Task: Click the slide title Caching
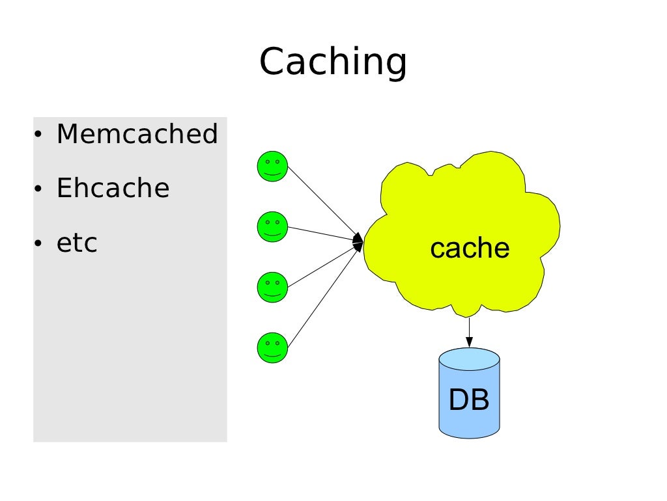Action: point(333,62)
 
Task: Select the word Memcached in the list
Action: point(137,134)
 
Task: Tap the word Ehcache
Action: point(113,188)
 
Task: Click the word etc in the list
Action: point(77,243)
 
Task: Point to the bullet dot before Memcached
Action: point(38,134)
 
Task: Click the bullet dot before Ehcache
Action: point(38,188)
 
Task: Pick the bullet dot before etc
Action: point(38,243)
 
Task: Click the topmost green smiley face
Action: point(273,166)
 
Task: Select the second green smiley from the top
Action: point(273,226)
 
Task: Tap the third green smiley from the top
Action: point(273,287)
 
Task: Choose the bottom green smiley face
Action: point(273,347)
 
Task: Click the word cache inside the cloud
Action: point(470,248)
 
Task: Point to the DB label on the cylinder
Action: point(469,399)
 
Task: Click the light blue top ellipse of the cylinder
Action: point(469,360)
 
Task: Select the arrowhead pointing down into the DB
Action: point(469,342)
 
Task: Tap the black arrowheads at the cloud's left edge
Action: point(358,242)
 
